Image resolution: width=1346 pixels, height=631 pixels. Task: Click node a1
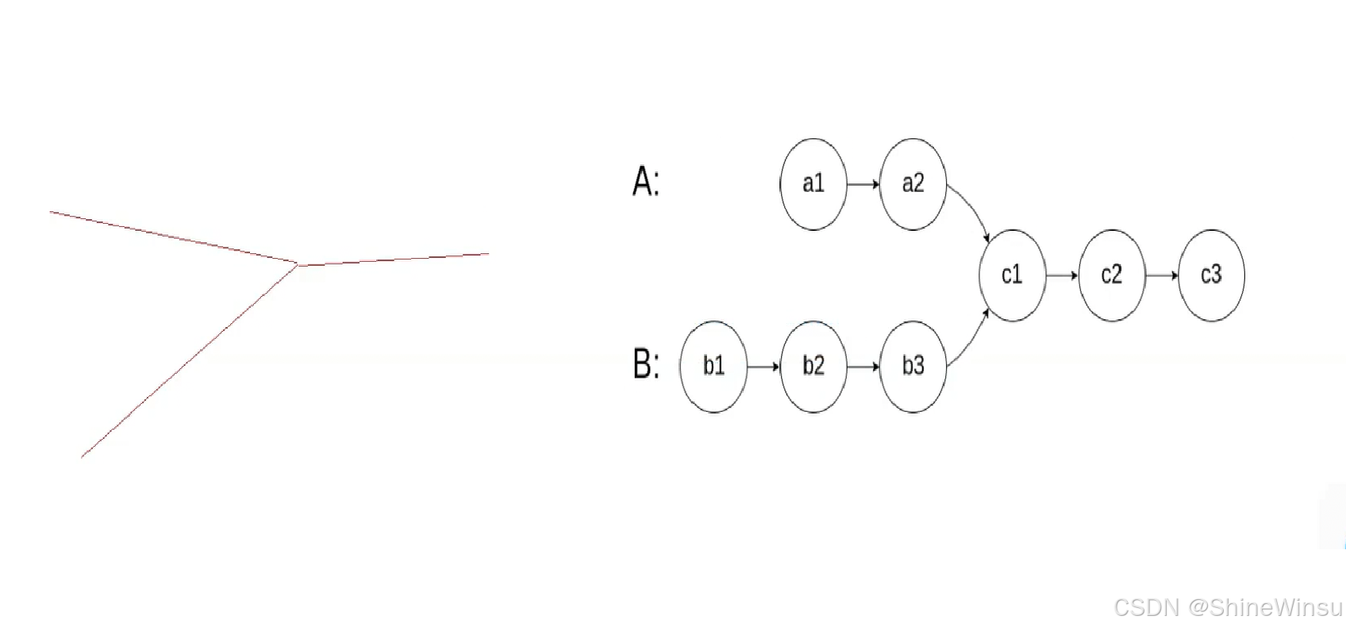tap(813, 184)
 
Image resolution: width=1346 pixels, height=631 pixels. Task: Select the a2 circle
tap(913, 184)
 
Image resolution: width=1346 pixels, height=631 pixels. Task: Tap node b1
tap(713, 366)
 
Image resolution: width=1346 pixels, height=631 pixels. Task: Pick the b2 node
tap(813, 366)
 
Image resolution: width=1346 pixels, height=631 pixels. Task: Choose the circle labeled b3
tap(913, 366)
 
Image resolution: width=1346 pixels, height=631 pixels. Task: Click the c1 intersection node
tap(1012, 275)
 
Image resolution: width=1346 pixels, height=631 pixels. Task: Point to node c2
tap(1112, 275)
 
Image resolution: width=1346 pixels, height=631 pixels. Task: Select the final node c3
tap(1211, 275)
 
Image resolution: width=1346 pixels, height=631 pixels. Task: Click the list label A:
tap(645, 182)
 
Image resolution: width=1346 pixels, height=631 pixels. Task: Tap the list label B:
tap(645, 364)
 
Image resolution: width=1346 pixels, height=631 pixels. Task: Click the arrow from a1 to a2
tap(863, 184)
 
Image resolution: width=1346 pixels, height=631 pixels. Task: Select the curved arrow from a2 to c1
tap(973, 209)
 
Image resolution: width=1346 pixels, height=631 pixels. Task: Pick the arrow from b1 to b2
tap(763, 367)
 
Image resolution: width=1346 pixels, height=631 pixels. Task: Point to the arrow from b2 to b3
tap(863, 367)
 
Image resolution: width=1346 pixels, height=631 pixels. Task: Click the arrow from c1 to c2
tap(1062, 275)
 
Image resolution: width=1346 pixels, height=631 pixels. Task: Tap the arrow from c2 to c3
tap(1162, 275)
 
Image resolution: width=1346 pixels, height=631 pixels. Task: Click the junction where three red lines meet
tap(298, 265)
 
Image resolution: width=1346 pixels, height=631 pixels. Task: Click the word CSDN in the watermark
tap(1146, 608)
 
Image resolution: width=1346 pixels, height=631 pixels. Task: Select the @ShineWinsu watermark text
tap(1265, 608)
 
